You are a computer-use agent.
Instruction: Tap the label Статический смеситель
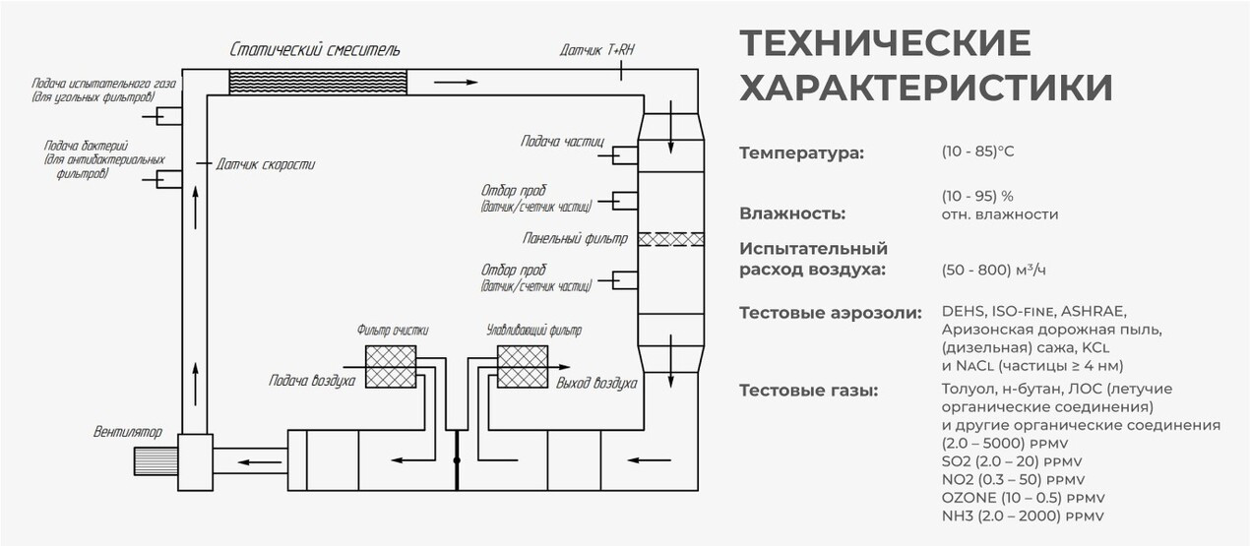pyautogui.click(x=315, y=49)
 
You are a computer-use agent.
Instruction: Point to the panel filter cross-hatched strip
pyautogui.click(x=670, y=239)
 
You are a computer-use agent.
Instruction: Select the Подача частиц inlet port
pyautogui.click(x=624, y=154)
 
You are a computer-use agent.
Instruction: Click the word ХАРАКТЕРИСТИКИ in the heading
pyautogui.click(x=926, y=87)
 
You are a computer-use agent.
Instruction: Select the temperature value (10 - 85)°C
pyautogui.click(x=977, y=152)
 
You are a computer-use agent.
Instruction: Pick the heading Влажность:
pyautogui.click(x=791, y=213)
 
